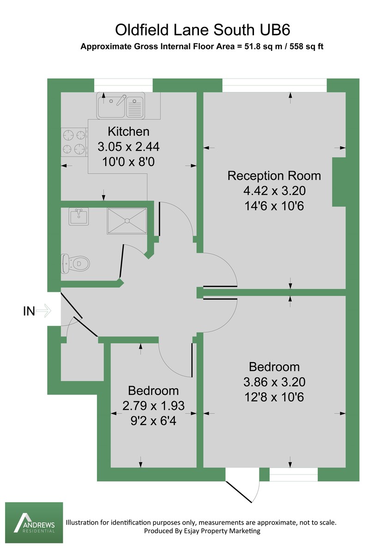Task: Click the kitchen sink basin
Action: tap(111, 106)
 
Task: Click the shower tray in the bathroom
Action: tap(127, 221)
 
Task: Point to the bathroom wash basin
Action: tap(79, 216)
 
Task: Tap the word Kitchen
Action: tap(128, 131)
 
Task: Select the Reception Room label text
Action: tap(274, 176)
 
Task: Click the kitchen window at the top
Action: tap(123, 85)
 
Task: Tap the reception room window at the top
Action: tap(274, 85)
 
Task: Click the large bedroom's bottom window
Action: tap(294, 475)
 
